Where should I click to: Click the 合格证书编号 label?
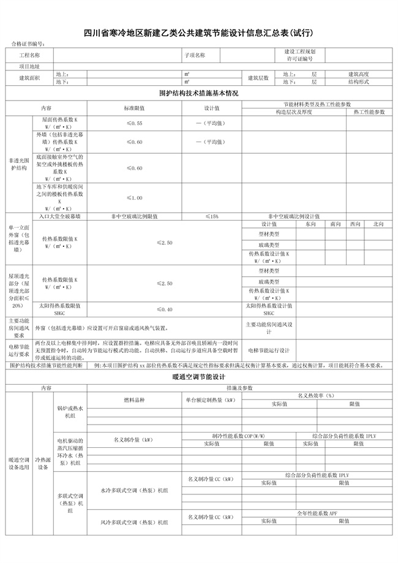point(28,44)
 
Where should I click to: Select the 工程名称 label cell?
point(30,55)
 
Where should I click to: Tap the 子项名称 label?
point(195,55)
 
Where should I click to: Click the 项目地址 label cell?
point(30,66)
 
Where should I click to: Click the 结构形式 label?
point(358,81)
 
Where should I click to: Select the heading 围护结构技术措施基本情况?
point(198,93)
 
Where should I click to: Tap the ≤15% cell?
point(212,216)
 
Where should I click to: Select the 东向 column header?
point(310,224)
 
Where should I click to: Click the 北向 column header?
point(378,224)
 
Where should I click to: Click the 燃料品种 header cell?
point(134,399)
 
